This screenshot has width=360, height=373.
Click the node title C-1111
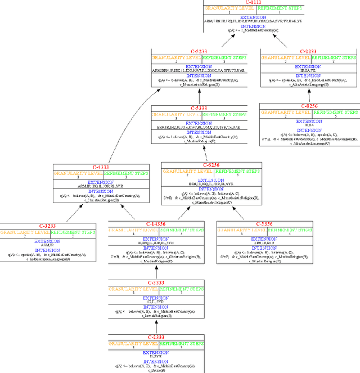click(x=253, y=3)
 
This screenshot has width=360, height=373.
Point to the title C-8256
click(x=309, y=105)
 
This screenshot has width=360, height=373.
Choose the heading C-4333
click(x=101, y=167)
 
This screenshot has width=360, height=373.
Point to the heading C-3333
click(x=156, y=282)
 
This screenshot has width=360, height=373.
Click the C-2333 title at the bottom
click(x=156, y=336)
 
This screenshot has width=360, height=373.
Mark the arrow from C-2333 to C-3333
click(x=156, y=326)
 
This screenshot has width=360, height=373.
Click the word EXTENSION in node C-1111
click(x=253, y=17)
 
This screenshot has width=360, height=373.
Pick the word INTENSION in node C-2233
click(x=309, y=75)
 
